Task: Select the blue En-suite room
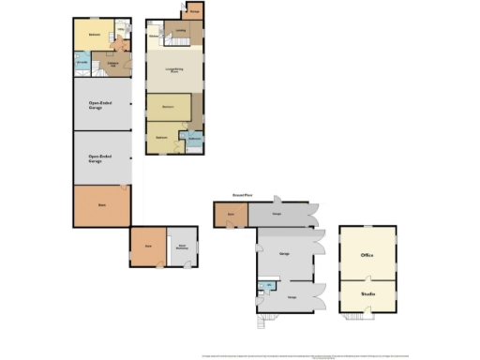(81, 64)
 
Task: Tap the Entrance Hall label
(111, 64)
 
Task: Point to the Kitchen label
(153, 37)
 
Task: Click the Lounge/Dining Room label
(174, 70)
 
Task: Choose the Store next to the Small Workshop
(148, 246)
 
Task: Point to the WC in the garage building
(268, 285)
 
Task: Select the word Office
(367, 254)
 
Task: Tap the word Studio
(367, 295)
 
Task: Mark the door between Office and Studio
(367, 279)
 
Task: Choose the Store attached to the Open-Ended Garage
(102, 205)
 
